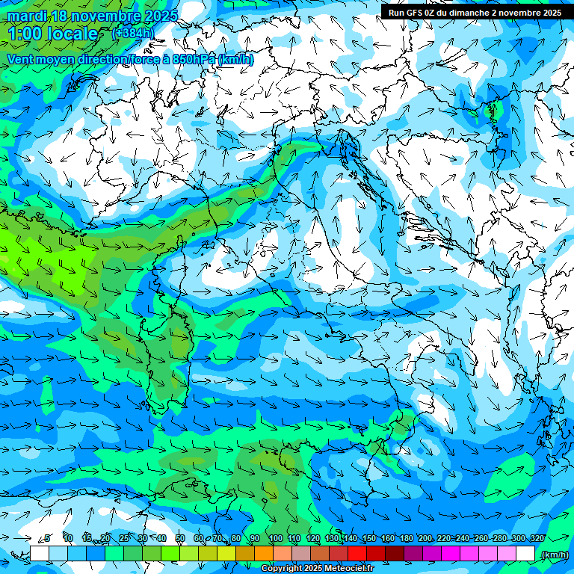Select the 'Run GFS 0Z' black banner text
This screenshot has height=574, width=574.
tap(419, 12)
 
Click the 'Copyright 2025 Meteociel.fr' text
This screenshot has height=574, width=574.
tap(317, 569)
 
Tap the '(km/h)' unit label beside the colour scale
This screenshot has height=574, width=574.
tap(554, 554)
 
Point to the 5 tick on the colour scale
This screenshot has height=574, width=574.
tap(48, 539)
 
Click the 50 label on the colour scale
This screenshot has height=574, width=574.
tap(180, 539)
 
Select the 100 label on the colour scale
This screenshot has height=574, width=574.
tap(275, 539)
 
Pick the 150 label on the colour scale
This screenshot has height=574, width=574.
tap(369, 539)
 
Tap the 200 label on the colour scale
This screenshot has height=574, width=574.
tap(425, 539)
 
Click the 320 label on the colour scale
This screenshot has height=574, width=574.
tap(537, 539)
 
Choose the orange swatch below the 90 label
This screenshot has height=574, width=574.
tap(264, 554)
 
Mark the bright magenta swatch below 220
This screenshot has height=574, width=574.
tap(451, 554)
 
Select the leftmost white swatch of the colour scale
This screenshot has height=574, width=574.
tap(39, 554)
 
